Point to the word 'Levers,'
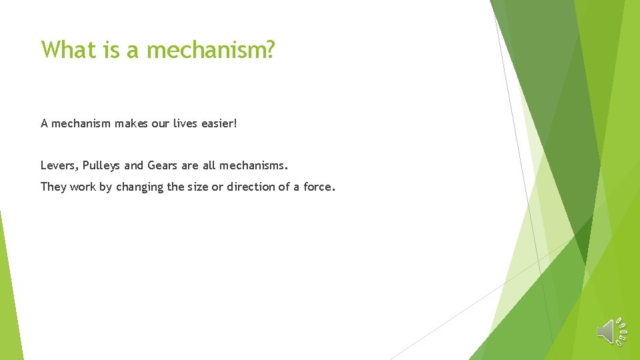tap(59, 165)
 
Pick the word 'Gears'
tap(162, 165)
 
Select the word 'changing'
tap(140, 187)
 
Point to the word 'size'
tap(197, 187)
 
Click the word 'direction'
tap(251, 187)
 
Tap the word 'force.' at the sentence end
tap(319, 187)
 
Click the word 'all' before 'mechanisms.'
tap(209, 165)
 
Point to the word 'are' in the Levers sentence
tap(190, 165)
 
